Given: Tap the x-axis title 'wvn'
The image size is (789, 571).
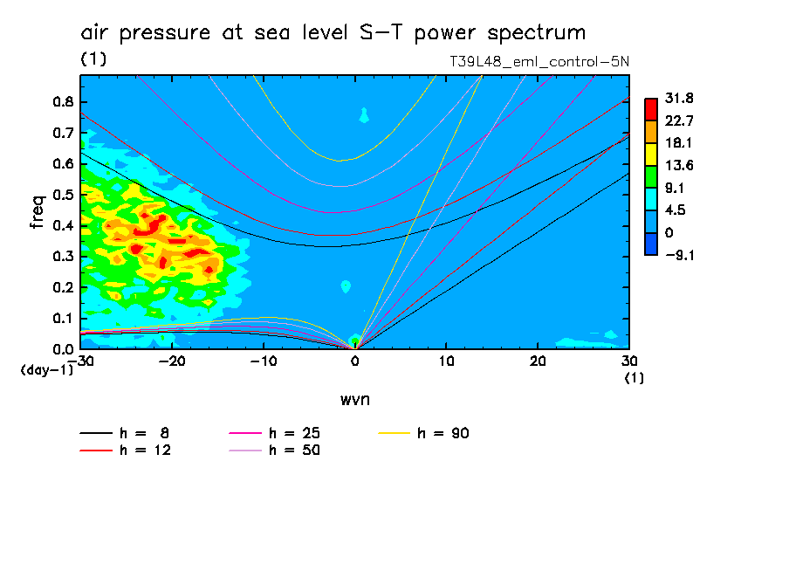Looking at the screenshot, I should click(354, 399).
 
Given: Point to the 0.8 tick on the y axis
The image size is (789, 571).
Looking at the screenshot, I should click(63, 101).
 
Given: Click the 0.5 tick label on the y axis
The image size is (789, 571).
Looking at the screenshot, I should click(63, 195).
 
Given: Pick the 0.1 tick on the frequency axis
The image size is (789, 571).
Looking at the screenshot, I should click(63, 318).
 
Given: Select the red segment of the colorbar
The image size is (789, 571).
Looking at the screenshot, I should click(650, 109).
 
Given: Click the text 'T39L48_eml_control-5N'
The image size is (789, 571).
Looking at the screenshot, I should click(538, 61).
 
